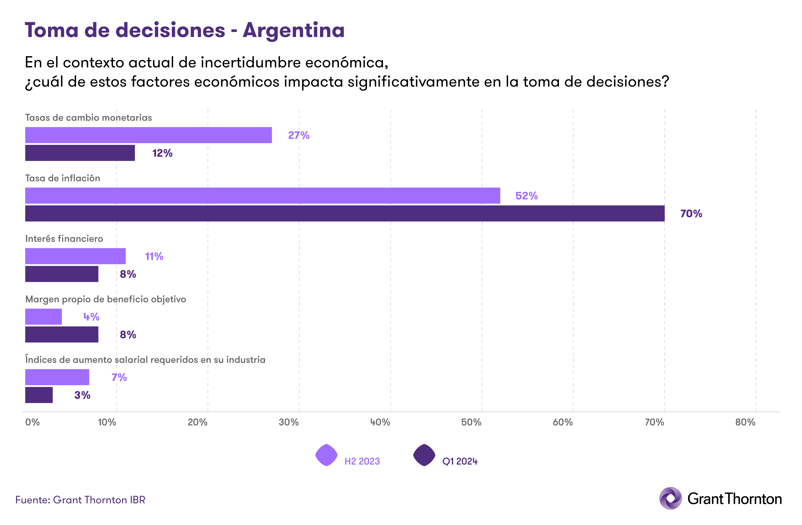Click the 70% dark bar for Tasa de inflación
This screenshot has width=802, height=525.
(x=345, y=213)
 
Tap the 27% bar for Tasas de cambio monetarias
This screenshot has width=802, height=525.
(x=149, y=135)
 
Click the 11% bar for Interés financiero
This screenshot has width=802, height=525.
(x=75, y=256)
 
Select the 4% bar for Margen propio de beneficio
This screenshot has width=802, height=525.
(x=43, y=317)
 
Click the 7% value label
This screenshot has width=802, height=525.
(x=119, y=377)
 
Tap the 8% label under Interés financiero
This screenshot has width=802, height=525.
(x=128, y=274)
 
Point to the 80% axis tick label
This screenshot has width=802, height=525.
(x=745, y=422)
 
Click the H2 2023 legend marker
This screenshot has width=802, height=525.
(x=326, y=455)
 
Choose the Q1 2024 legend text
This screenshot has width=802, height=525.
(x=460, y=461)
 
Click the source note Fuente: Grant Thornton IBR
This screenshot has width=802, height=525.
(x=80, y=500)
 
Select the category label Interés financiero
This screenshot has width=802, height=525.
(x=64, y=239)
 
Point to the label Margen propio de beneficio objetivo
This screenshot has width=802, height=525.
(x=105, y=299)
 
